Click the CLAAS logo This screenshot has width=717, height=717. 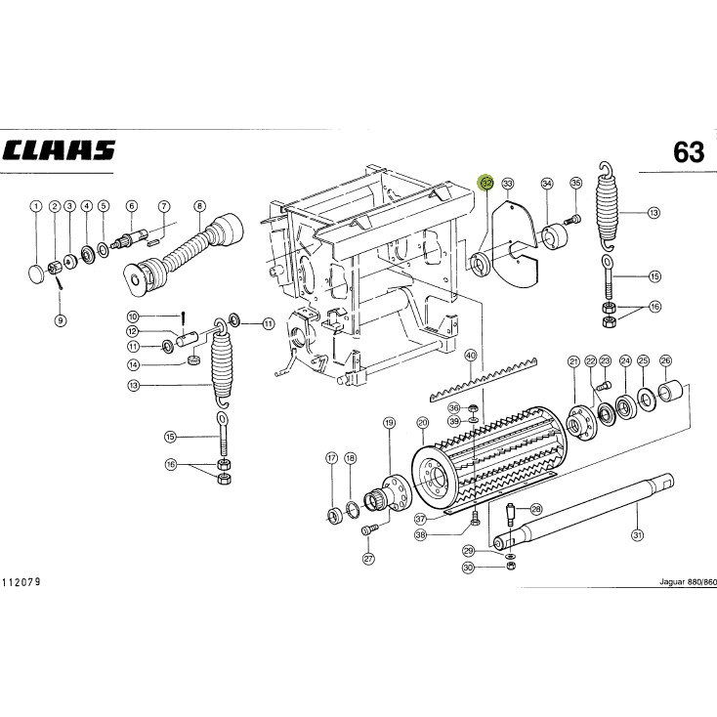[59, 150]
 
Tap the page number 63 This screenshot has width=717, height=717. [689, 152]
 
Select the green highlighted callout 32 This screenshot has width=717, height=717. [486, 183]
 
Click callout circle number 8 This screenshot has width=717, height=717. [200, 206]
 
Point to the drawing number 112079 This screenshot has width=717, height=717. [21, 582]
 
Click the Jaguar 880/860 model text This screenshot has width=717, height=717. [688, 582]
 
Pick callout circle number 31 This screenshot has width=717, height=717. [637, 534]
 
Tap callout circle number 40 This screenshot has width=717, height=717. [470, 356]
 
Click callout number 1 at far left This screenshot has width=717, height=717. [36, 206]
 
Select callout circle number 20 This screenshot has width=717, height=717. [422, 423]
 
